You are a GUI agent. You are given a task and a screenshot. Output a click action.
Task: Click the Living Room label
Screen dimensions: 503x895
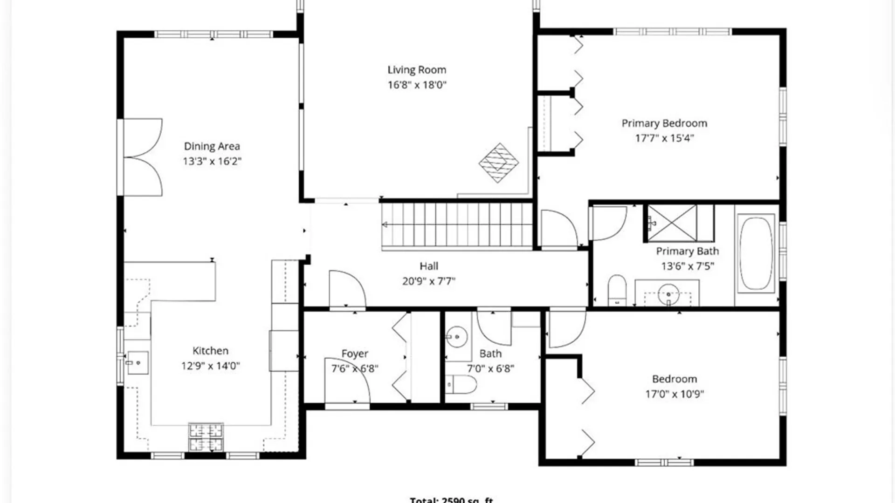(417, 70)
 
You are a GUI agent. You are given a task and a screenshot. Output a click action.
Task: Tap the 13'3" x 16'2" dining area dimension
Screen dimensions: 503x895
(212, 161)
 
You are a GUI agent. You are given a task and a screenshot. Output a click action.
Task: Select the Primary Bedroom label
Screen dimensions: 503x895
(664, 123)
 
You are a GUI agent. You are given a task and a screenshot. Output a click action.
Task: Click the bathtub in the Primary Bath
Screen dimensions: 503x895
(756, 253)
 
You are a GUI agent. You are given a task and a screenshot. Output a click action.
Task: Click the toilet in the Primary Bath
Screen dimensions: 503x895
(617, 290)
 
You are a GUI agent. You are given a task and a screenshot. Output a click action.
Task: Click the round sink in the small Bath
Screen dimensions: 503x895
(457, 336)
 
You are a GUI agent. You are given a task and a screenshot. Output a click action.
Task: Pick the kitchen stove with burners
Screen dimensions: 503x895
(206, 437)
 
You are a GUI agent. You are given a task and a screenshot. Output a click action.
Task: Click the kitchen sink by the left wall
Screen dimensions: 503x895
(138, 362)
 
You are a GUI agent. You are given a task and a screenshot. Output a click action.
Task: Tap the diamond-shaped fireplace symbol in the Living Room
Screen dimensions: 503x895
(498, 163)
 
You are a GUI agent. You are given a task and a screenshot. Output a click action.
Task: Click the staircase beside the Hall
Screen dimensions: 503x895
(457, 225)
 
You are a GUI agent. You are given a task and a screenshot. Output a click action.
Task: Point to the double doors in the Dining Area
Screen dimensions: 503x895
(143, 157)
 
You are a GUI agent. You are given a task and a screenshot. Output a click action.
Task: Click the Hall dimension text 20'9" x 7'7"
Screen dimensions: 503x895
(428, 281)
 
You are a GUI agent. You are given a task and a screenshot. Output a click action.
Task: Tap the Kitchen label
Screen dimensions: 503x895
(210, 351)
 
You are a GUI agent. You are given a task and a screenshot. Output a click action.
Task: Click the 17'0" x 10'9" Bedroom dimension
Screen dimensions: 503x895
(674, 394)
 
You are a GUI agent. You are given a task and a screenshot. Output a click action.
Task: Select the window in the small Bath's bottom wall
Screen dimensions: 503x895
(488, 407)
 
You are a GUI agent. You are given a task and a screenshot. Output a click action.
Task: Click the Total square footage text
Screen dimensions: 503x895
(451, 500)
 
